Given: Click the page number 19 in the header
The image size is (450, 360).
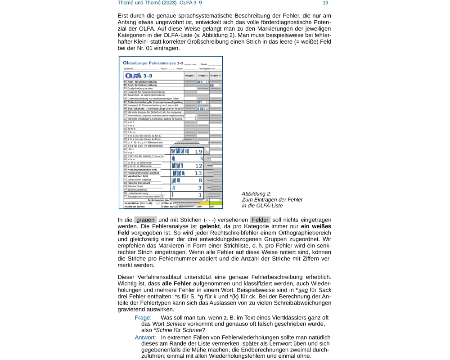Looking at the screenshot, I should pyautogui.click(x=325, y=3).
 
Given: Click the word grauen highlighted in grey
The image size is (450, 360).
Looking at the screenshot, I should pyautogui.click(x=145, y=220).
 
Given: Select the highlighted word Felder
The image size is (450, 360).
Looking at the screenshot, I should pyautogui.click(x=260, y=220).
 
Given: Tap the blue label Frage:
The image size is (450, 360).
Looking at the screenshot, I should pyautogui.click(x=143, y=318).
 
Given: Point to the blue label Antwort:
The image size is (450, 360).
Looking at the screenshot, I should pyautogui.click(x=145, y=337).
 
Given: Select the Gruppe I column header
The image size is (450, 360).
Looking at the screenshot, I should pyautogui.click(x=190, y=76).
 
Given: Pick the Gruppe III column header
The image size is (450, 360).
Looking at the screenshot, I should pyautogui.click(x=216, y=76).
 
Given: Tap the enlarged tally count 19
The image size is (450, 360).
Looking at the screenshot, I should pyautogui.click(x=198, y=152).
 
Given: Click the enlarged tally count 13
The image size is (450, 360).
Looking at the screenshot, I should pyautogui.click(x=198, y=173).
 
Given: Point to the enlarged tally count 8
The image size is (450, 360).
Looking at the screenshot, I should pyautogui.click(x=200, y=180).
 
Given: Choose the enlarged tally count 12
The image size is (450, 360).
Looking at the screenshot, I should pyautogui.click(x=198, y=166).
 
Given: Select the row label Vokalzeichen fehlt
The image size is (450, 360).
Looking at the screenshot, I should pyautogui.click(x=139, y=176).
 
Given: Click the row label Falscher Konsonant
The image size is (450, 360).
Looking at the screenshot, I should pyautogui.click(x=139, y=183).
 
